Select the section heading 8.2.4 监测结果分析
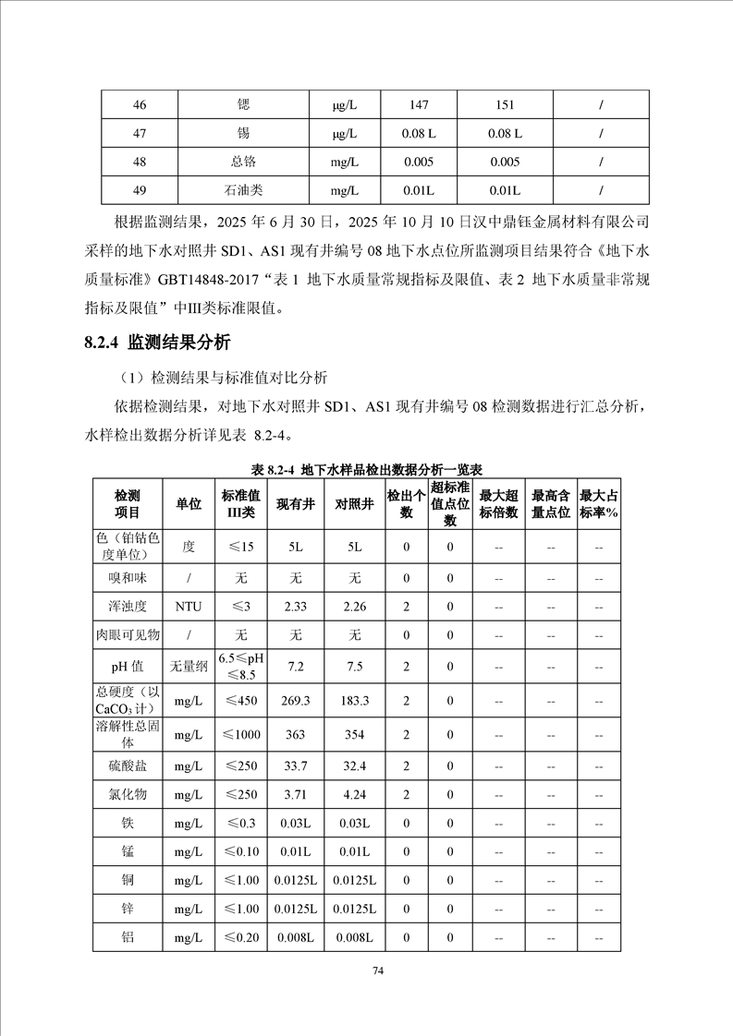(x=156, y=343)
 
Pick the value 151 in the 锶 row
(x=505, y=104)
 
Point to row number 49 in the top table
(x=140, y=190)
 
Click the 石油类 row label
(x=243, y=190)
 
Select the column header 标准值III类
(x=240, y=504)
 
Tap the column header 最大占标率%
(x=598, y=504)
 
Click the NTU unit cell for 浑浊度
(x=189, y=607)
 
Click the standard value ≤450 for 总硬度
(x=240, y=701)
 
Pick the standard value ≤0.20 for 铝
(x=240, y=937)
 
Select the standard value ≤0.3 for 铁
(x=240, y=823)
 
